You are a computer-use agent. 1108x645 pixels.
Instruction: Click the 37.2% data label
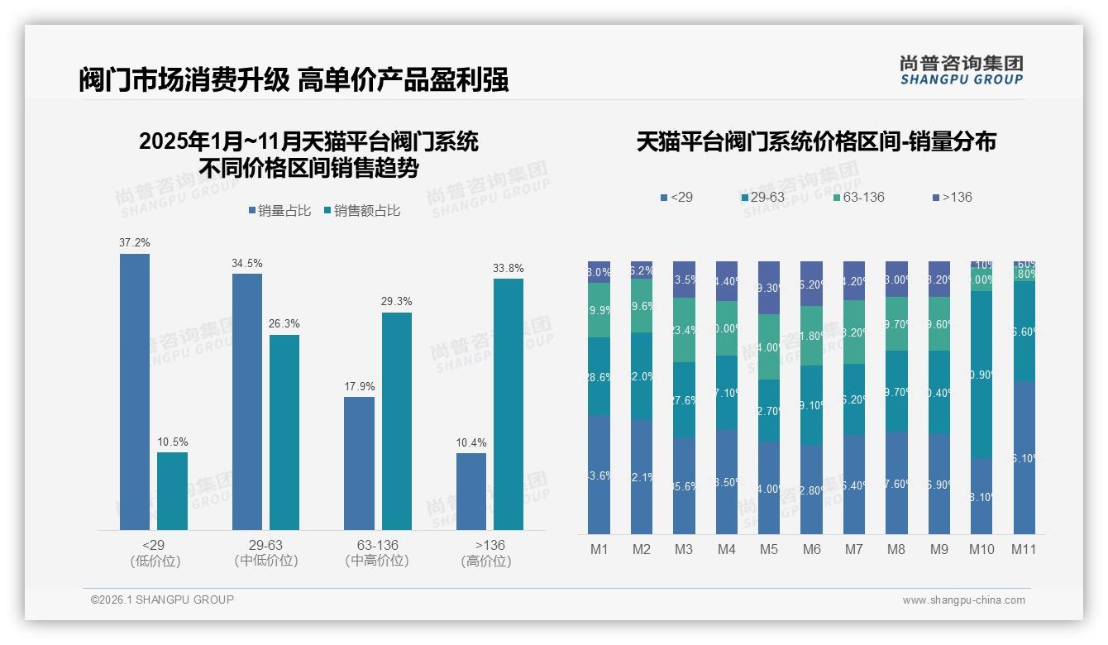click(x=135, y=243)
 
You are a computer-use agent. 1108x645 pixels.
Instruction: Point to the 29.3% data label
click(x=397, y=302)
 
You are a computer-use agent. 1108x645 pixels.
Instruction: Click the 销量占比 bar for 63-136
click(x=359, y=463)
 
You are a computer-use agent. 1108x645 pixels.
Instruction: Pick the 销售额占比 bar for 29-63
click(x=284, y=432)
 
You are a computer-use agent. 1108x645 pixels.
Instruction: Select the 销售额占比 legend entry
click(x=363, y=211)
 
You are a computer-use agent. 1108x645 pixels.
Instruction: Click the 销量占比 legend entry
click(x=279, y=211)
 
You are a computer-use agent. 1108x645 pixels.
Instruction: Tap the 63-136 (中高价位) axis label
click(x=377, y=553)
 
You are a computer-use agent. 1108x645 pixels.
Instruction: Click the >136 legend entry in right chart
click(x=953, y=198)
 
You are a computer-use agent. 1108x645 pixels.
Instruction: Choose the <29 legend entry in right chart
click(x=677, y=198)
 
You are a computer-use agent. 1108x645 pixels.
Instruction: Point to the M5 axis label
click(x=769, y=549)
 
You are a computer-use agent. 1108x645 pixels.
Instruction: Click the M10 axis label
click(x=981, y=549)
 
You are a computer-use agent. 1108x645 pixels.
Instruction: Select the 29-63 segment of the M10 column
click(x=981, y=374)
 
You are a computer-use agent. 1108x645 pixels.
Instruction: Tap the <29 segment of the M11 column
click(x=1024, y=457)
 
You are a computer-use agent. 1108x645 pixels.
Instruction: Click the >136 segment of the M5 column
click(x=769, y=288)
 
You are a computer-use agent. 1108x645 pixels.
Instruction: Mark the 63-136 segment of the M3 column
click(x=684, y=330)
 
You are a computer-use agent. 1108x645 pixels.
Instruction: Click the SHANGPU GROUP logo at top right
click(x=961, y=70)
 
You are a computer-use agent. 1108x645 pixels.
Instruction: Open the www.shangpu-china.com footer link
click(x=963, y=600)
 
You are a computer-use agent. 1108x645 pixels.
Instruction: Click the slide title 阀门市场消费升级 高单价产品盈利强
click(x=294, y=80)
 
